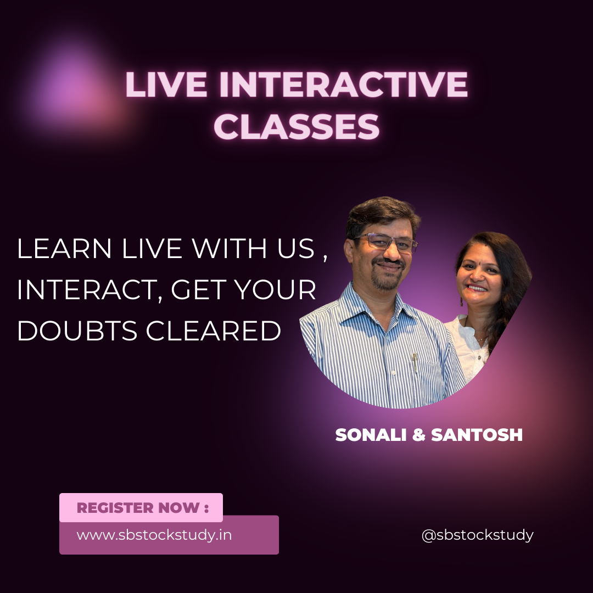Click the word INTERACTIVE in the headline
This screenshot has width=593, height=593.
click(343, 85)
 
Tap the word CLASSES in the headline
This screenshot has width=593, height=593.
click(296, 126)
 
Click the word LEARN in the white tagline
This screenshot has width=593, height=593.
click(64, 249)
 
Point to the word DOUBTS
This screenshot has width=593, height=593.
click(77, 331)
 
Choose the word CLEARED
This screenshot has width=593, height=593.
click(213, 331)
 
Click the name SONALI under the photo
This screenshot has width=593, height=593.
click(371, 435)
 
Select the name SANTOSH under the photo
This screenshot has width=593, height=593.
click(477, 435)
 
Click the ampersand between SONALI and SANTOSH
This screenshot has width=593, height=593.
click(418, 435)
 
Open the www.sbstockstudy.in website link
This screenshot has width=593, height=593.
click(154, 535)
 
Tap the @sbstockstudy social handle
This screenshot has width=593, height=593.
click(477, 535)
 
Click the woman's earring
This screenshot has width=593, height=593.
click(462, 301)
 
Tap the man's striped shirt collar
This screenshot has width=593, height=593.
click(378, 303)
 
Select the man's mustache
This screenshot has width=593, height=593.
click(388, 261)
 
